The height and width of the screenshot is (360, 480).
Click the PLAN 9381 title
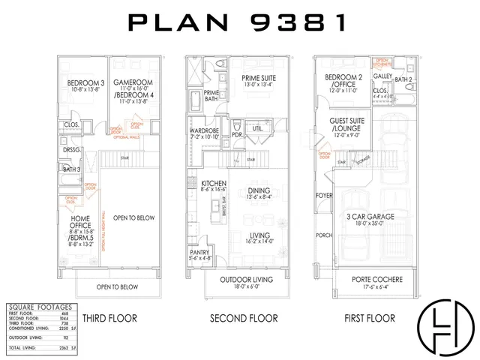coord(238,23)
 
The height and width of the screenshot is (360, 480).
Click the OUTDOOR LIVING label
coord(246,280)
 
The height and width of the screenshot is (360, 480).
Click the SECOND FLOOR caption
coord(244,318)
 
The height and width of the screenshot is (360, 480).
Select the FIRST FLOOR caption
coord(369,318)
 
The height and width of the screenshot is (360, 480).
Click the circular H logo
coord(446,327)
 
